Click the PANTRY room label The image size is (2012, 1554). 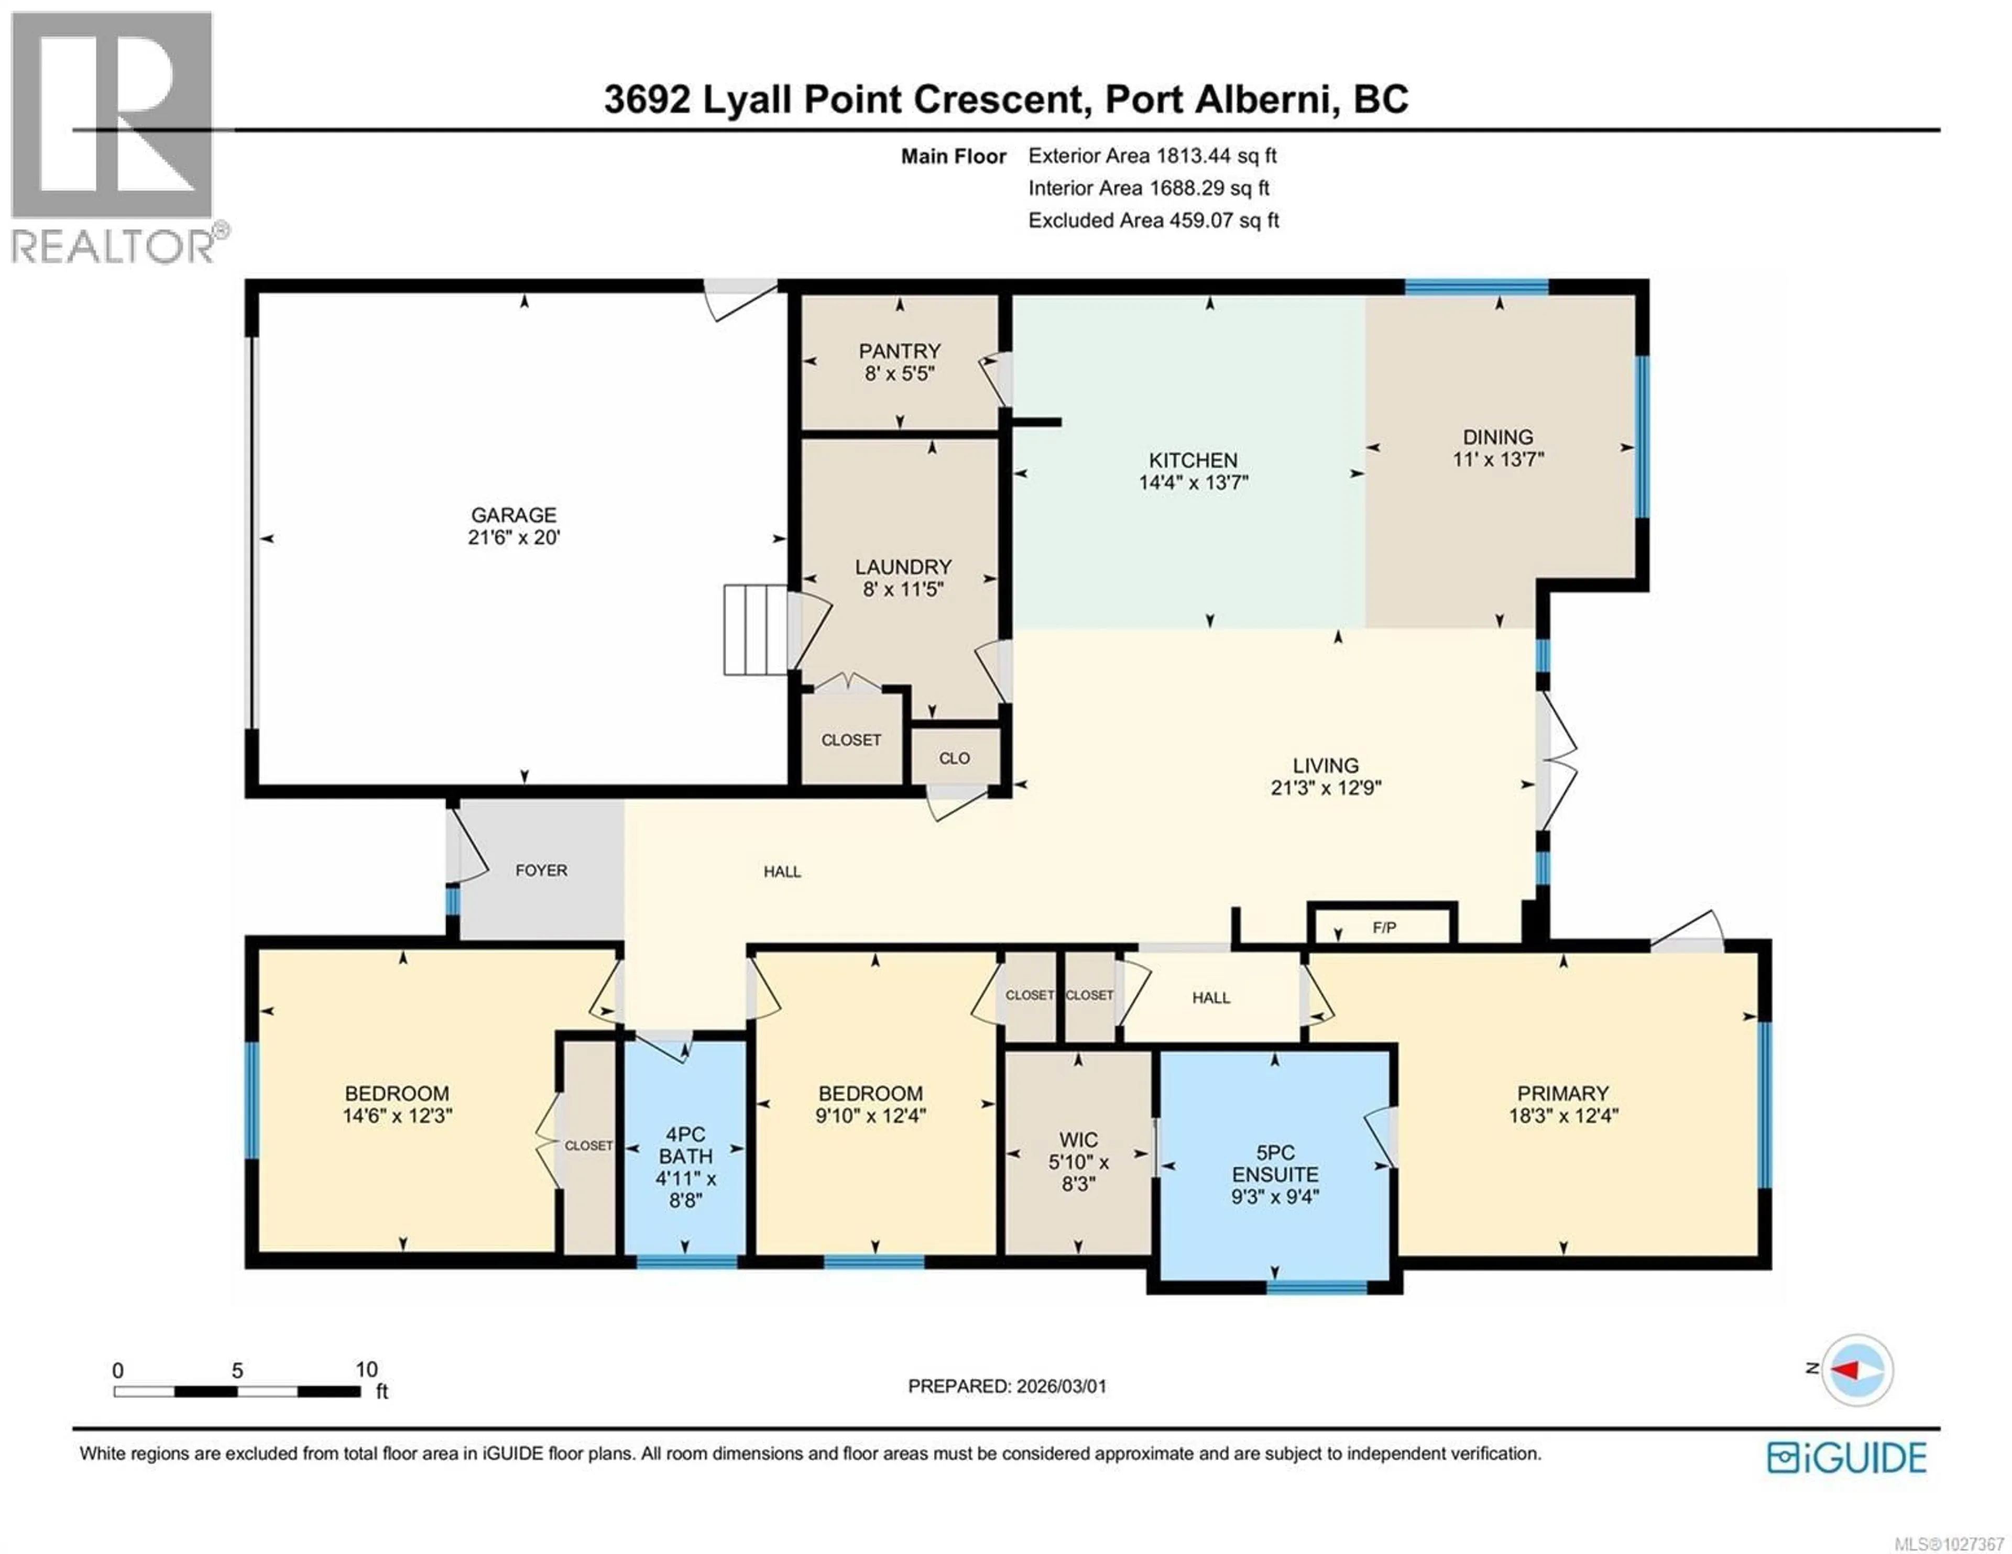899,351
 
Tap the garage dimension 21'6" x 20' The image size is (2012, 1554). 513,537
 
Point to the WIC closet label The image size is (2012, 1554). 1078,1140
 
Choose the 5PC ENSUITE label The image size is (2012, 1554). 1275,1163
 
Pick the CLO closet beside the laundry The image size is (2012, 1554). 955,758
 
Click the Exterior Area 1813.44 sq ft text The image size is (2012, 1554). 1152,156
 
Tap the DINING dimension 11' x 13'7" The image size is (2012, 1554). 1498,459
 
